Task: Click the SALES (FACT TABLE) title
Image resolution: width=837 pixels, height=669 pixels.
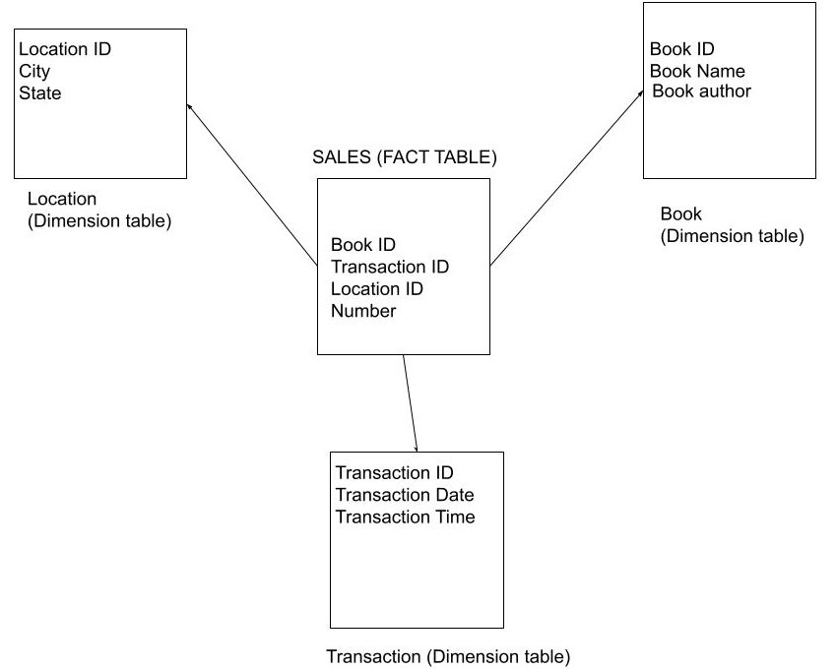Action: click(405, 157)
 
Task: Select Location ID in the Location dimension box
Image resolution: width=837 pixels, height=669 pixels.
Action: click(65, 49)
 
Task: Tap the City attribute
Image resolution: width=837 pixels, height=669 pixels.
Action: click(34, 72)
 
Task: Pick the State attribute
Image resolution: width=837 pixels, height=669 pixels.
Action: click(39, 93)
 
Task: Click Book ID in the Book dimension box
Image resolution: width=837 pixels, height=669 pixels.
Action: click(682, 49)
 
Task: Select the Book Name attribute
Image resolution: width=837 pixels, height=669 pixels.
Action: click(697, 71)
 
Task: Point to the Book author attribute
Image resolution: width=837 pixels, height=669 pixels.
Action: click(701, 91)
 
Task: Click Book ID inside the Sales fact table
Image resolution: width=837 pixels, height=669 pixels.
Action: click(363, 245)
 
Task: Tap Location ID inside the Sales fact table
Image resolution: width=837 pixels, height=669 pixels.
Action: click(377, 289)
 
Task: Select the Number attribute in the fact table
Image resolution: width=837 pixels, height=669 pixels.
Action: click(363, 311)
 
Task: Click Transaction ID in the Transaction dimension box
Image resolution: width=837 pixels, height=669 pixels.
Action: click(394, 473)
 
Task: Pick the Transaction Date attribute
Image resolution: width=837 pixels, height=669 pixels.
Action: click(405, 495)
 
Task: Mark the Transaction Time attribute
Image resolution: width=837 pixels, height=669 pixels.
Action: click(405, 517)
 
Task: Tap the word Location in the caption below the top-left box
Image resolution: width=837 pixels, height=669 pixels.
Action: click(62, 200)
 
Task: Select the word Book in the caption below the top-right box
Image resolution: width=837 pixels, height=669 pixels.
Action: click(680, 214)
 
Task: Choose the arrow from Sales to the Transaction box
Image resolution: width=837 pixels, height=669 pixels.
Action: click(411, 403)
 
